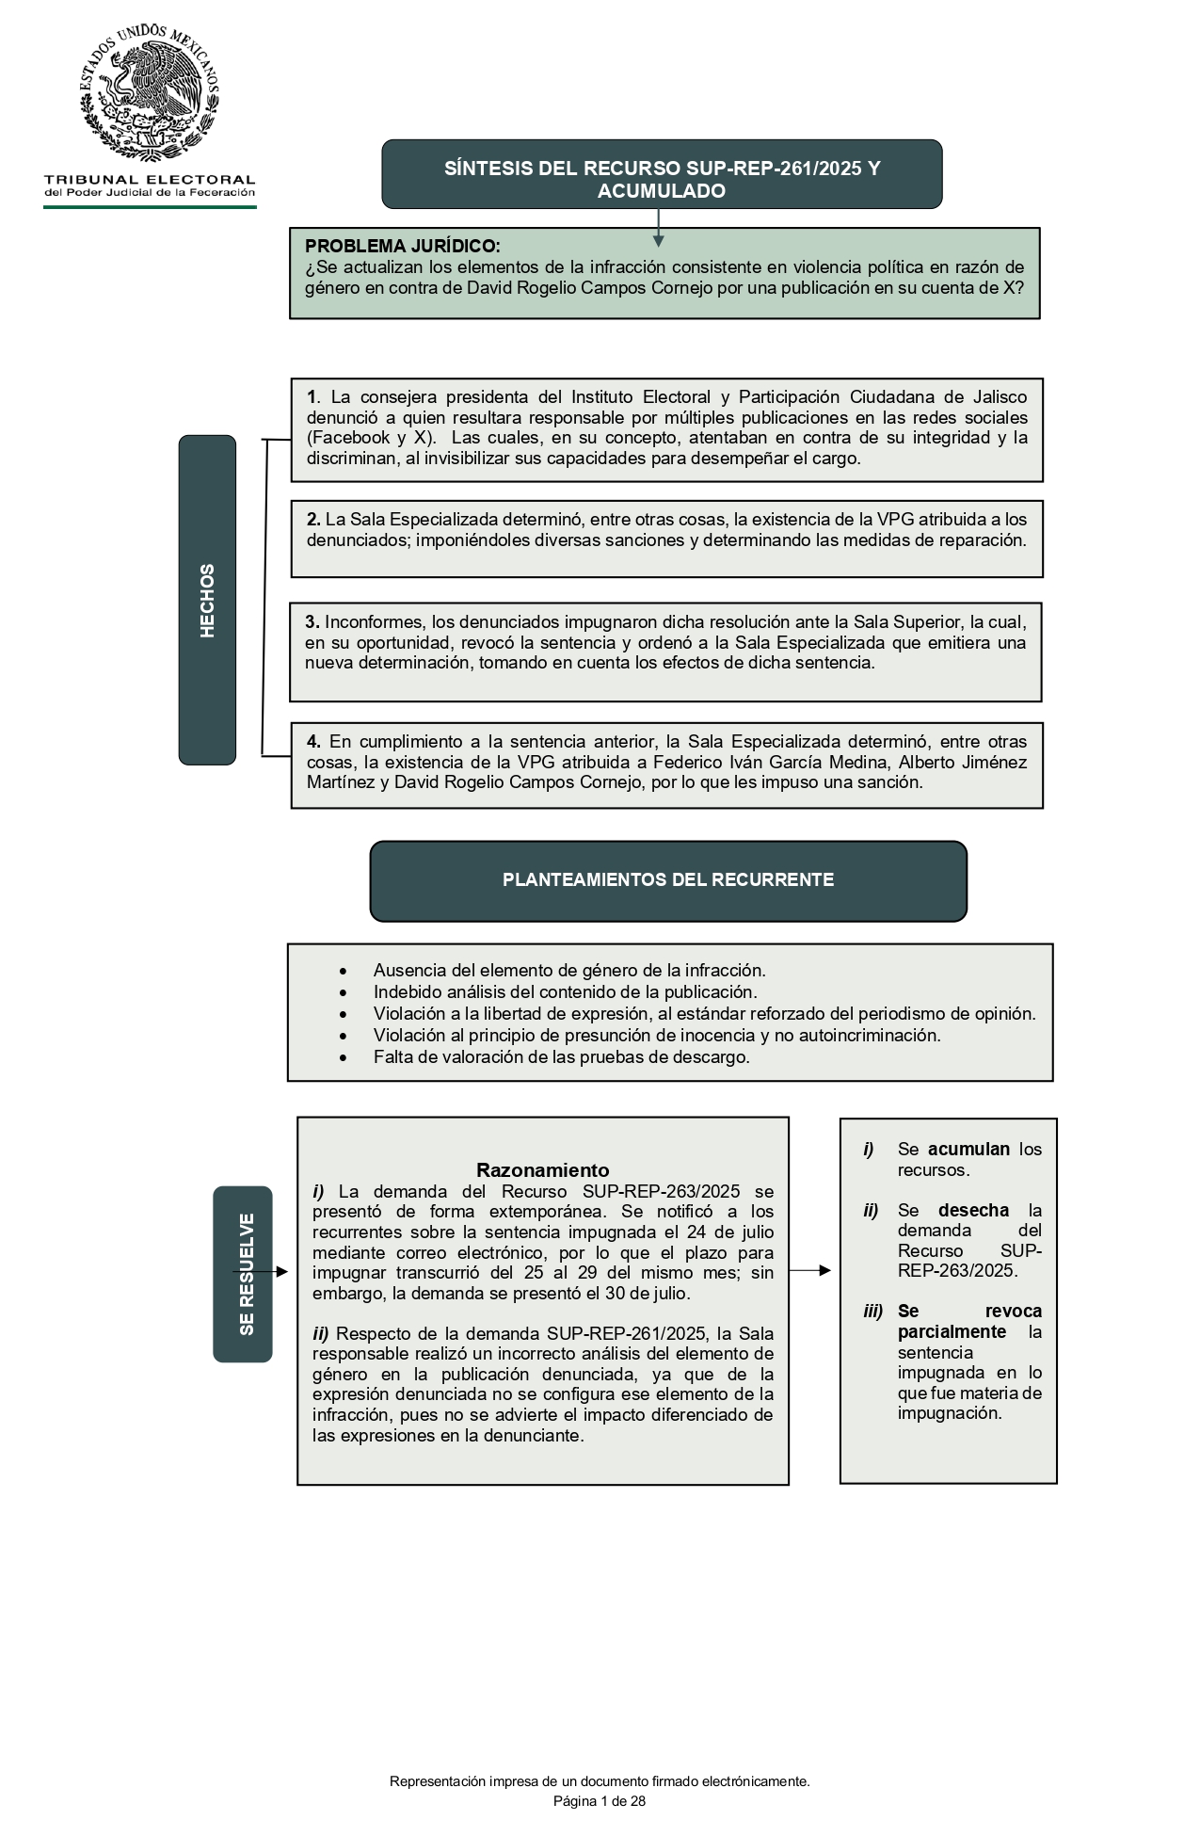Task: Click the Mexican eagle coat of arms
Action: pyautogui.click(x=150, y=94)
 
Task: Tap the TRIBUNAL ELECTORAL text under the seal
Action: pyautogui.click(x=150, y=179)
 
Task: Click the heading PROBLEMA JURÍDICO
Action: pyautogui.click(x=402, y=247)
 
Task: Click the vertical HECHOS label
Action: pyautogui.click(x=207, y=600)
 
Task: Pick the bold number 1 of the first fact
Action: pyautogui.click(x=312, y=397)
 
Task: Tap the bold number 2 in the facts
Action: pyautogui.click(x=312, y=520)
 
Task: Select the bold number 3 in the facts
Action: pyautogui.click(x=311, y=622)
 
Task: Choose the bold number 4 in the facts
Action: pyautogui.click(x=312, y=742)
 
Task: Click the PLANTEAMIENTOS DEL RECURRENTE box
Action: pyautogui.click(x=668, y=880)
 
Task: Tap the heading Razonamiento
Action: pyautogui.click(x=542, y=1170)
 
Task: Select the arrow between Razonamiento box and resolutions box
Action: pyautogui.click(x=811, y=1270)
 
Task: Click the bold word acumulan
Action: pyautogui.click(x=968, y=1150)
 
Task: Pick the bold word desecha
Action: pyautogui.click(x=972, y=1211)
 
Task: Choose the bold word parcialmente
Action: pyautogui.click(x=952, y=1332)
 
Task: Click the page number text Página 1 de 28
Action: pyautogui.click(x=600, y=1802)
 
